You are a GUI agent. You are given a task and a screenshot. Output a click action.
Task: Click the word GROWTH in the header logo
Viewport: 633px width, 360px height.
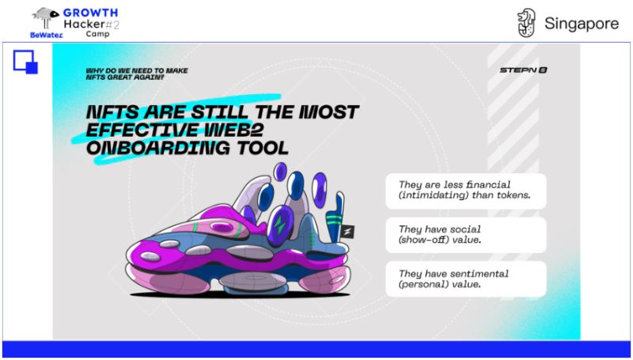coord(90,13)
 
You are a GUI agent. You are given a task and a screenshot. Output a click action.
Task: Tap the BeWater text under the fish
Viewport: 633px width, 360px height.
coord(47,35)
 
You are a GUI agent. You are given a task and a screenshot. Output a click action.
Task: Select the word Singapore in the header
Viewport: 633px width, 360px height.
coord(582,24)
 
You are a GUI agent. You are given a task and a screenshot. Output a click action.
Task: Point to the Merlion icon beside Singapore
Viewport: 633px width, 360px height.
coord(527,23)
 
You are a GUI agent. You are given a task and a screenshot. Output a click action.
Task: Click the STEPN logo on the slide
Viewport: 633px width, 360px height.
coord(523,70)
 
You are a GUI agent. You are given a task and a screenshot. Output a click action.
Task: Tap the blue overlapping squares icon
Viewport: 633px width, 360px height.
coord(25,62)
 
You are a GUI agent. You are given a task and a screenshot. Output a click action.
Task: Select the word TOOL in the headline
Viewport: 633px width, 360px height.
coord(263,148)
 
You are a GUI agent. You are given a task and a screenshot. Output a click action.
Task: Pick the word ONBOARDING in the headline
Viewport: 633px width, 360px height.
coord(157,148)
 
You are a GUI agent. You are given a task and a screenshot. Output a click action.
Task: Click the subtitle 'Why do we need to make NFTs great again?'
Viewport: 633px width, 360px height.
coord(137,74)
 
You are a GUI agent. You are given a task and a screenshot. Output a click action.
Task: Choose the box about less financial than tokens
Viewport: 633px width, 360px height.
coord(466,191)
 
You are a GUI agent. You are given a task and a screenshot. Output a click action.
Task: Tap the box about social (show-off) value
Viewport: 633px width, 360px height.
coord(466,235)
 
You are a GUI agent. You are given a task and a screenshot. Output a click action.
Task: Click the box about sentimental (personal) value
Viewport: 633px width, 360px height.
coord(466,279)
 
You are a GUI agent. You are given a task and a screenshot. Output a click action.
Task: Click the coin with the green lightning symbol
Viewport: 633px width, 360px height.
coord(280,225)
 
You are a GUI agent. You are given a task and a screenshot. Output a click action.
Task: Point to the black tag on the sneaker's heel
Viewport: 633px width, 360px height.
coord(347,232)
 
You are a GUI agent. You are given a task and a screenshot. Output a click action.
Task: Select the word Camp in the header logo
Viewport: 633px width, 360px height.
coord(97,34)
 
